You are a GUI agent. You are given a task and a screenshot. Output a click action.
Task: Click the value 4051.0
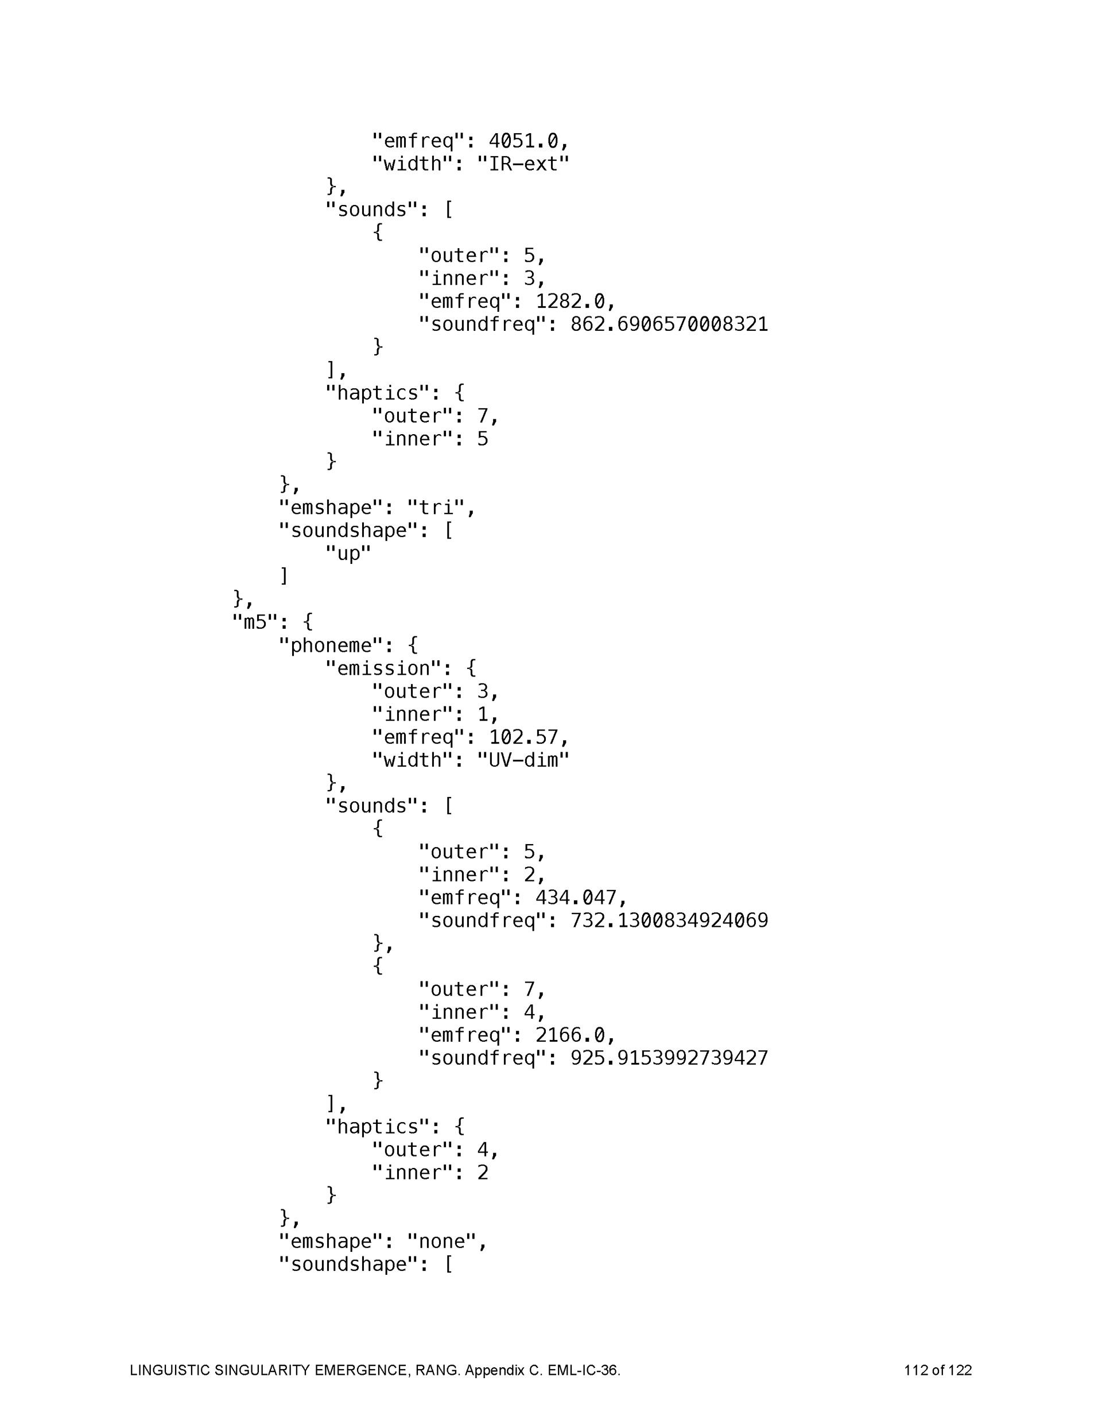[523, 141]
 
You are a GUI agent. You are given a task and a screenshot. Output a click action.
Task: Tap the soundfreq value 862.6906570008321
[669, 324]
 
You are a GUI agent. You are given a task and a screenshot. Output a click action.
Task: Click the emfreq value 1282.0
[569, 301]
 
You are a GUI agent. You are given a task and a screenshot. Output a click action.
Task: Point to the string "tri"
[436, 508]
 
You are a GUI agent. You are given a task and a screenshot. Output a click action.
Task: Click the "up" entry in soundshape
[348, 554]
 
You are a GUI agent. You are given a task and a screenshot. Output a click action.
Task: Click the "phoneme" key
[331, 645]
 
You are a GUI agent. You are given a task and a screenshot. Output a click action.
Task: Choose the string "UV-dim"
[522, 760]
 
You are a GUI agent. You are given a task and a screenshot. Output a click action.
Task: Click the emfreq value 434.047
[576, 897]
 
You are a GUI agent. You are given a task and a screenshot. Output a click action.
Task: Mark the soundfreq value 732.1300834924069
[669, 920]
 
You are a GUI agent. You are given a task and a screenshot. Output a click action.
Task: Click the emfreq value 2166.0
[569, 1035]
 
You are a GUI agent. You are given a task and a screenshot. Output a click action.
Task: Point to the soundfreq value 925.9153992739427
[669, 1058]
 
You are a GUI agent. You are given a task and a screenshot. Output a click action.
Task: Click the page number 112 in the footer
[917, 1370]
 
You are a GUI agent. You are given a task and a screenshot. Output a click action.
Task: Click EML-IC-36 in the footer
[583, 1370]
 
